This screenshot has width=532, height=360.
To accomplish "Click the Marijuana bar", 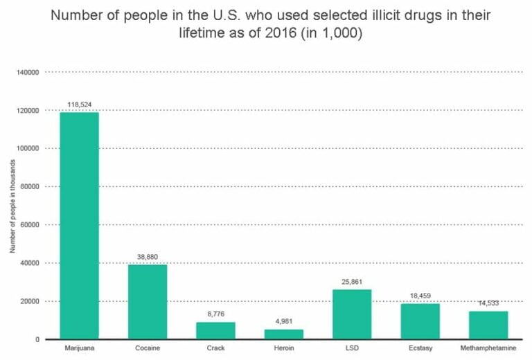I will (79, 225).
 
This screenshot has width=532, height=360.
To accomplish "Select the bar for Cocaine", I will (147, 302).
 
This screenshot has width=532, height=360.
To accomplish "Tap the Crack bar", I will (215, 330).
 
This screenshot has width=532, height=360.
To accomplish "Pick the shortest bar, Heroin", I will (284, 334).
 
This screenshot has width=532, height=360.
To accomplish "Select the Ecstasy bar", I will (420, 321).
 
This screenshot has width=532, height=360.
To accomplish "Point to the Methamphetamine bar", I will (488, 325).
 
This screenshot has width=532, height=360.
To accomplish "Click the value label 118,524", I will (79, 105).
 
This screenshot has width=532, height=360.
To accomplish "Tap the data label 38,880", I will (147, 257).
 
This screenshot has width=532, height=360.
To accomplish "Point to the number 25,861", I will (352, 282).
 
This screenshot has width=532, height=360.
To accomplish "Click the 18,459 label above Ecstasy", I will (420, 296).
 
